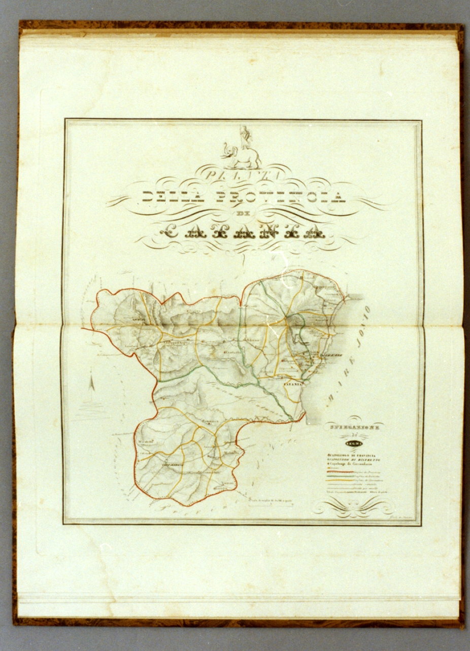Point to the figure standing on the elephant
point(245,135)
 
